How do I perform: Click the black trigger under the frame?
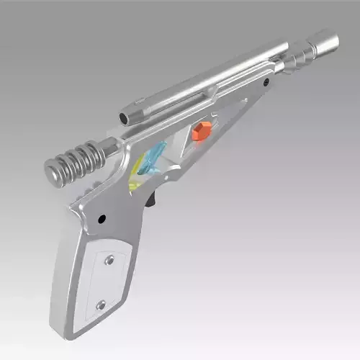point(151,199)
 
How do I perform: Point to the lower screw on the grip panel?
point(101,305)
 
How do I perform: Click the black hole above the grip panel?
point(102,217)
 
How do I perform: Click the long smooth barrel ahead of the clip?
point(248,69)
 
